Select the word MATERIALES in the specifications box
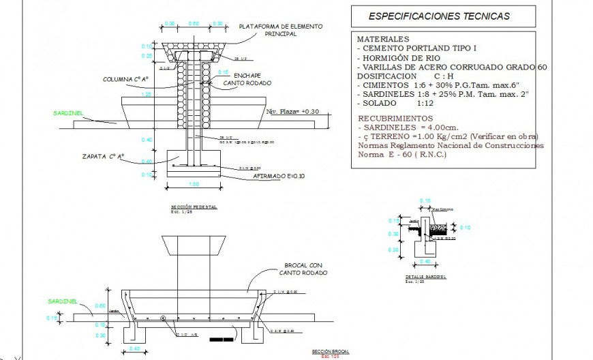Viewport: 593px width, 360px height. [x=383, y=40]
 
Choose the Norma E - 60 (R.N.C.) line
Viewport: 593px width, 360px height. [x=402, y=154]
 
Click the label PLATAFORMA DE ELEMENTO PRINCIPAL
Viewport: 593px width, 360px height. [x=281, y=30]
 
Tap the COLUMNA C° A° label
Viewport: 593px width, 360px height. [x=126, y=80]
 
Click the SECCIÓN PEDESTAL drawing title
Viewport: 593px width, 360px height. [x=194, y=207]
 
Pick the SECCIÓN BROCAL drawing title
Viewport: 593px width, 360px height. [x=330, y=351]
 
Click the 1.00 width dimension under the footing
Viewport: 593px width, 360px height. [x=194, y=184]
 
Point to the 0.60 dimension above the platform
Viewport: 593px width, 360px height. [x=194, y=24]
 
